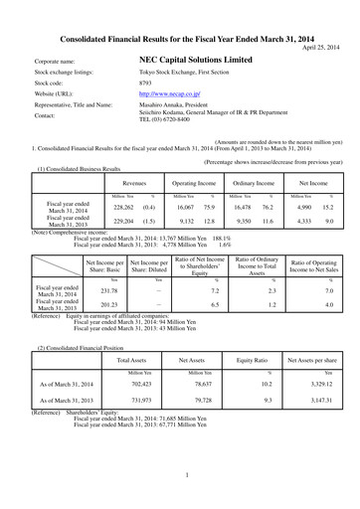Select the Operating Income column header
pos(193,185)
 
